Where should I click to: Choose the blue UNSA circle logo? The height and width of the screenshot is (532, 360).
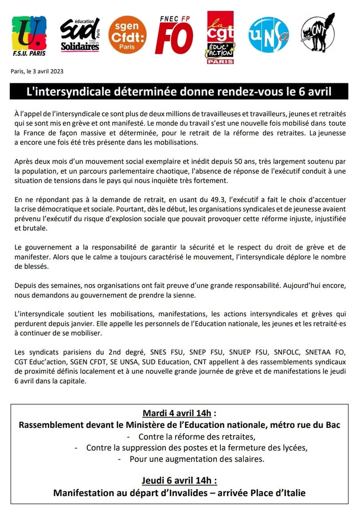(x=268, y=35)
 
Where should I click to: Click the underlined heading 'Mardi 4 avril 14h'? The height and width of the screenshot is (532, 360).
(x=176, y=413)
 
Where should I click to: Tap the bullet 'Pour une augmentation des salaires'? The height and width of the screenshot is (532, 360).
(x=197, y=459)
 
